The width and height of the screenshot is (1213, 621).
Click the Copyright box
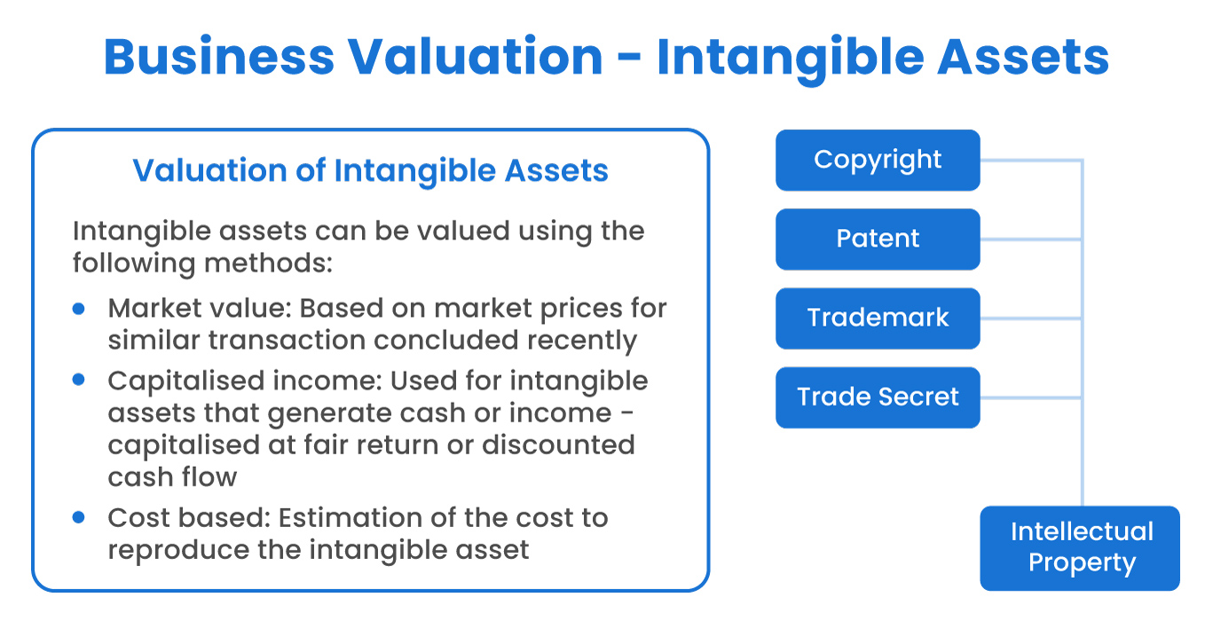pos(878,161)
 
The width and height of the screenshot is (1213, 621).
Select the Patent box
pos(878,240)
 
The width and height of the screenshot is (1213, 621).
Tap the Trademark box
pos(878,318)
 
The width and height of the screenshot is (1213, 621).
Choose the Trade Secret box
pos(878,397)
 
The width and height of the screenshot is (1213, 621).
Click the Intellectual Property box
pos(1080,548)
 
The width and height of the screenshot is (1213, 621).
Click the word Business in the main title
pos(218,57)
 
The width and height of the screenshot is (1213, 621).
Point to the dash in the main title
pos(629,59)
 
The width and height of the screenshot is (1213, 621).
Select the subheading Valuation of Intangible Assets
pos(370,170)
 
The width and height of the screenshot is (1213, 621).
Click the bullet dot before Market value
pos(79,308)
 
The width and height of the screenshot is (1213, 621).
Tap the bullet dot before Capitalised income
pos(79,380)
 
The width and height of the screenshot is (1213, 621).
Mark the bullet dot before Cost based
pos(79,516)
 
